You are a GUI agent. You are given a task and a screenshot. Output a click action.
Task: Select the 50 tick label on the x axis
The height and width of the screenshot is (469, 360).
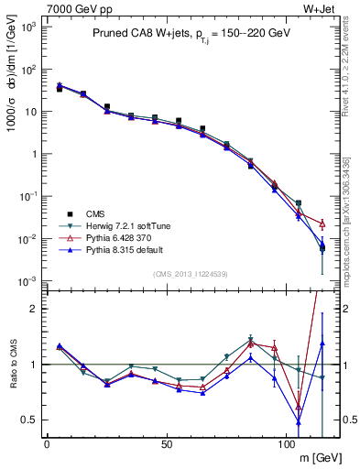point(167,442)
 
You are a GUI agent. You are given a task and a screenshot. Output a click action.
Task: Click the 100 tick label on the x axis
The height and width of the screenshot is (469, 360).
point(287,442)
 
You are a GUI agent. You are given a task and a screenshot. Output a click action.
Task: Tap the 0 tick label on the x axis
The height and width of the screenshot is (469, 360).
point(47,442)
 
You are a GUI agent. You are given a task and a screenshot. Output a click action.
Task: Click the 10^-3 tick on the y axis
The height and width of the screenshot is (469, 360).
point(29,281)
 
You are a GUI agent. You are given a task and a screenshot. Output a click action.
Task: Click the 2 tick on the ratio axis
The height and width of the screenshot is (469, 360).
point(35,309)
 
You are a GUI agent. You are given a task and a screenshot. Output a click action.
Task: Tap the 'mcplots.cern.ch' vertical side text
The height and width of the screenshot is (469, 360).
point(351,211)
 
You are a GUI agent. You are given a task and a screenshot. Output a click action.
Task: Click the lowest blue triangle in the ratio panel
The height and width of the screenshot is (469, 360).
point(298,421)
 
